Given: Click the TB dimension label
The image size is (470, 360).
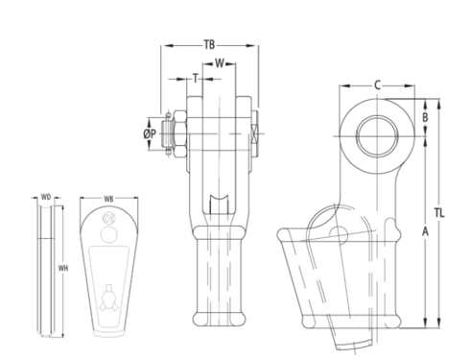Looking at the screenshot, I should [x=209, y=44].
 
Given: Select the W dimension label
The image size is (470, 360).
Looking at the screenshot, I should [x=220, y=64].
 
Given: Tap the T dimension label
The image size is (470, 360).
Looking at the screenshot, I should [x=196, y=76].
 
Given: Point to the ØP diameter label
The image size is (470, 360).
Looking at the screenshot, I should [x=150, y=134].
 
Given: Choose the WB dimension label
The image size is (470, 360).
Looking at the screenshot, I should [x=108, y=200].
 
